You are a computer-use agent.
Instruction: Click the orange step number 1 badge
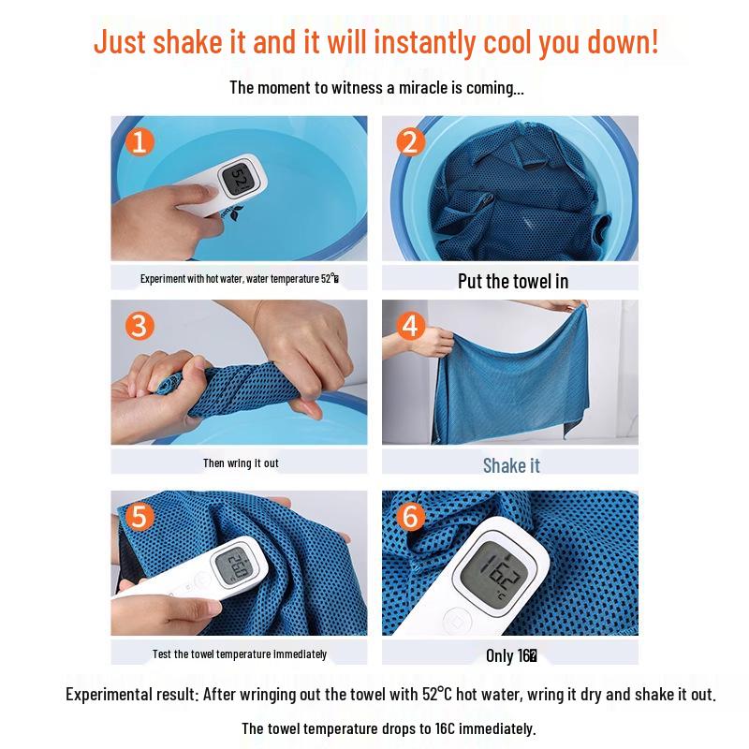click(x=140, y=142)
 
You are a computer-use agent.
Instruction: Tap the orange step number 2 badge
click(x=409, y=142)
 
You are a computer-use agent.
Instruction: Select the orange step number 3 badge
click(x=140, y=326)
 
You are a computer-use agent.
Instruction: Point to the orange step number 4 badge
click(x=409, y=326)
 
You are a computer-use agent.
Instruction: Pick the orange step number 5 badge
click(x=140, y=517)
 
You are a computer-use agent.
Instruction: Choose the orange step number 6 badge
click(x=409, y=517)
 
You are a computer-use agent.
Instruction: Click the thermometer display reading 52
click(x=238, y=179)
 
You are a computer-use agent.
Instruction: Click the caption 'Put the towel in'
click(x=512, y=281)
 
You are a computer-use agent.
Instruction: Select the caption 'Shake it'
click(x=511, y=465)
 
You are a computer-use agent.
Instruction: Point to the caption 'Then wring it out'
click(x=241, y=463)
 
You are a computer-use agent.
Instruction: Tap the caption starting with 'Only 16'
click(x=510, y=656)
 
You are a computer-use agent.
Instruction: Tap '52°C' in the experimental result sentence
click(x=441, y=695)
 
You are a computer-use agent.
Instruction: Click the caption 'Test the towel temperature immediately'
click(x=240, y=654)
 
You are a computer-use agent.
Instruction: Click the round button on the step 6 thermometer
click(x=456, y=619)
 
